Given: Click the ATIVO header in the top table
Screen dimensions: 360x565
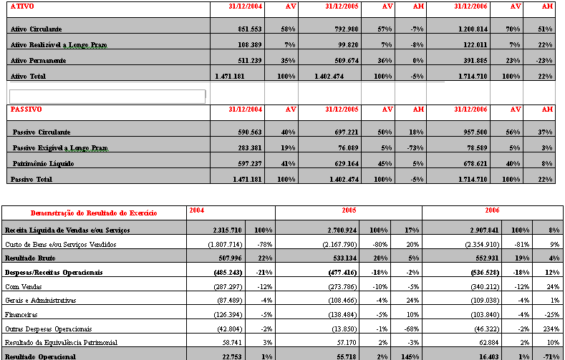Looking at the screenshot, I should (23, 6).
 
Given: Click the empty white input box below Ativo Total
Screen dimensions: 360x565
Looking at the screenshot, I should (107, 96).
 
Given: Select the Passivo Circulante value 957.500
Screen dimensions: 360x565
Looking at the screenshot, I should (489, 132).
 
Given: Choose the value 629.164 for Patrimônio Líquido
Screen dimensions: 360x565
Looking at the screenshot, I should (342, 164).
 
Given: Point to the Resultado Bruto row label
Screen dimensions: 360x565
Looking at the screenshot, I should (35, 258).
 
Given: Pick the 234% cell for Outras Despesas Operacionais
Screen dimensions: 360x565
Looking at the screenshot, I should (551, 329).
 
